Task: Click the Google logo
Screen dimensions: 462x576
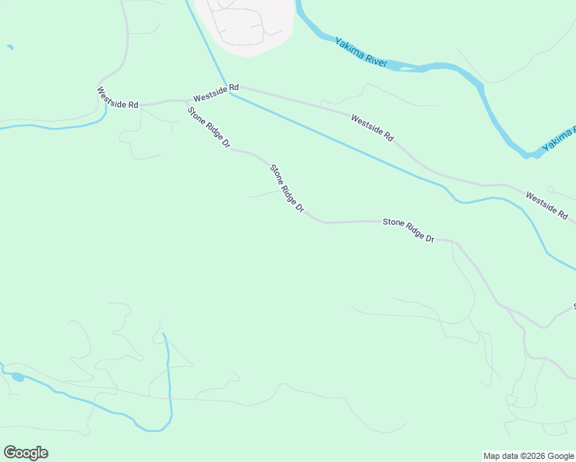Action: click(25, 453)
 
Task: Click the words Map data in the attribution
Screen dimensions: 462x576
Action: click(500, 456)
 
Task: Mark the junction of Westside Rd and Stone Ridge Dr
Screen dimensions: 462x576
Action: click(187, 100)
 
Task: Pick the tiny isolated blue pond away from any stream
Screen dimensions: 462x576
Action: click(10, 48)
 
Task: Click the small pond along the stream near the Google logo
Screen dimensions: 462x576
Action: click(17, 377)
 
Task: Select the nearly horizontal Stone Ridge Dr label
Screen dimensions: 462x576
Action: click(409, 230)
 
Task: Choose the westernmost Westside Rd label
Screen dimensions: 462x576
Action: click(118, 98)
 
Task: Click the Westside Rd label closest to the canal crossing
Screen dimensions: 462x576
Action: click(216, 93)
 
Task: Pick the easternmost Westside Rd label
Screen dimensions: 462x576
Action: click(547, 204)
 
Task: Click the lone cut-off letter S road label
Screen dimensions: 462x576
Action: click(574, 306)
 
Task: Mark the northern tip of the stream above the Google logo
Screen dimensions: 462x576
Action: click(163, 335)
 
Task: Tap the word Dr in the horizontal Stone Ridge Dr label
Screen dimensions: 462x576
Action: click(430, 239)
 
